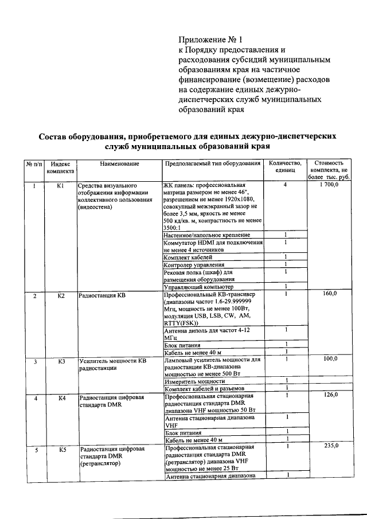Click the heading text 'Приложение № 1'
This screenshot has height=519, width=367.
coord(211,40)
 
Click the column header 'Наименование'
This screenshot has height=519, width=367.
coord(119,164)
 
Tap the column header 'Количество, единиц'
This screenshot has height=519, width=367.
coord(284,167)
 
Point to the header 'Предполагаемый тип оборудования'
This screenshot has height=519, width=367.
coord(212,164)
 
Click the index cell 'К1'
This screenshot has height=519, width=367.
coord(61,186)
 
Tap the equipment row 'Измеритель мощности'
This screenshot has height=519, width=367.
coord(194,381)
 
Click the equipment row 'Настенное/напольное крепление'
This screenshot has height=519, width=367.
coord(206,235)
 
